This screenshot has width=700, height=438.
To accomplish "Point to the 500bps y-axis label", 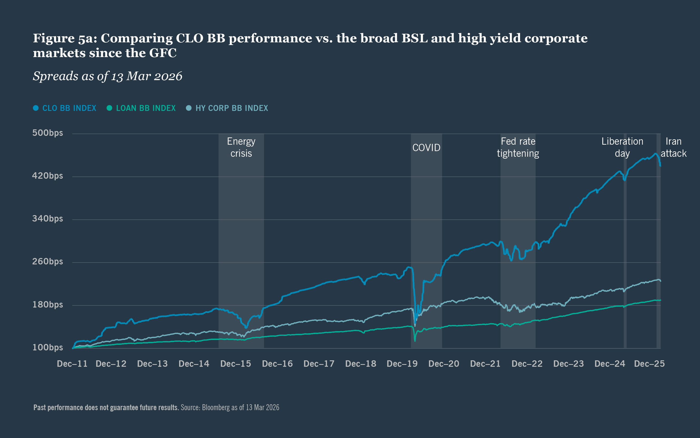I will [47, 133].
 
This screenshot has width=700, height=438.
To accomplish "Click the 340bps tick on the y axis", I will [47, 219].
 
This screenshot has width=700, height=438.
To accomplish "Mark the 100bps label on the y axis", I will [47, 347].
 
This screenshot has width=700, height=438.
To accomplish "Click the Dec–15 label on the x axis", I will [235, 364].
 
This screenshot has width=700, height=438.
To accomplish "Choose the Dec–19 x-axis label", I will [402, 364].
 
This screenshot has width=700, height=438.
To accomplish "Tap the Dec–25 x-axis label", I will [649, 364].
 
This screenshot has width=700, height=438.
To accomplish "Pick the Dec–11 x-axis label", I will [72, 364].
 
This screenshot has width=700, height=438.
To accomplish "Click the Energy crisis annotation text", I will [241, 147].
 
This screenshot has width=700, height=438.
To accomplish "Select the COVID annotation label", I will [426, 148].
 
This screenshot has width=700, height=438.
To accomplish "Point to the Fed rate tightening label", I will [518, 147].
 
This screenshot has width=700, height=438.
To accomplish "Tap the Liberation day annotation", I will [622, 147].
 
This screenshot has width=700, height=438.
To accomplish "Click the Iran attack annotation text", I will [674, 147].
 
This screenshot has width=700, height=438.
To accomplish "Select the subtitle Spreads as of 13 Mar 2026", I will [107, 76].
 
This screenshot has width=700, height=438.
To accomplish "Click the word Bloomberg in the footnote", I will [216, 407].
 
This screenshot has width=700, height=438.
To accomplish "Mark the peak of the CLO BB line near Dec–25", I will [655, 154].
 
